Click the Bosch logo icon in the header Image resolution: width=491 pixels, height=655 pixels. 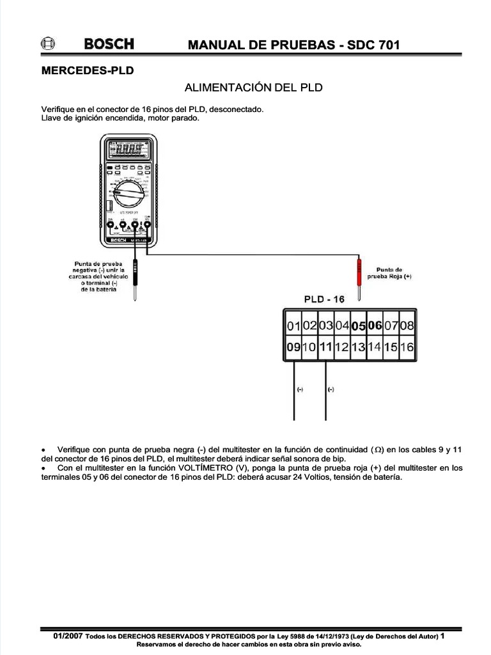click(47, 44)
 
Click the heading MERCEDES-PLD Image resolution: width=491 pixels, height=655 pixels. click(88, 71)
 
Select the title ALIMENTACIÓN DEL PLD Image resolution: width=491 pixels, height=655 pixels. click(253, 87)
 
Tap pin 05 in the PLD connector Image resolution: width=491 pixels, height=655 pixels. click(359, 326)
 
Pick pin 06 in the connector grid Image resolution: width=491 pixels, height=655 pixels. click(375, 326)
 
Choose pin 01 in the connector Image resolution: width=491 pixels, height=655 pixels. click(293, 326)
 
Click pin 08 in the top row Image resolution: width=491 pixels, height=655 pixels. click(407, 326)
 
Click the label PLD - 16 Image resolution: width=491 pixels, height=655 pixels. click(323, 299)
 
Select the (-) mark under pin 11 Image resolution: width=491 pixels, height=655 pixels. click(331, 389)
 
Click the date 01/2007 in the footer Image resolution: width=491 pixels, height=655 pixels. click(68, 637)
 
